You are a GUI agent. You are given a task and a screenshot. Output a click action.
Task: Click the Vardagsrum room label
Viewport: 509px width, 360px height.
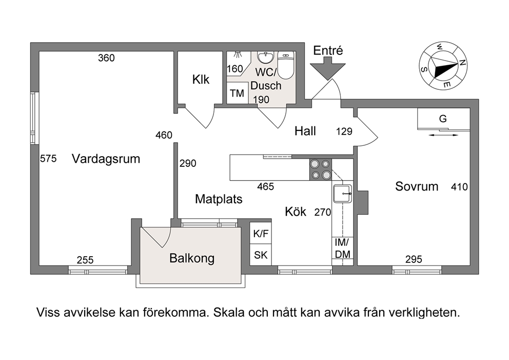click(106, 159)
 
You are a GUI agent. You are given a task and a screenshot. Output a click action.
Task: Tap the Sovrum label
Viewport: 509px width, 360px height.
click(417, 186)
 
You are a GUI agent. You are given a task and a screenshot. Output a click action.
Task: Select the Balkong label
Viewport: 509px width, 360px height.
click(192, 258)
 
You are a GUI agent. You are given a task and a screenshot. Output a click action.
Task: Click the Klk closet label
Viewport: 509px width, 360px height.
click(201, 79)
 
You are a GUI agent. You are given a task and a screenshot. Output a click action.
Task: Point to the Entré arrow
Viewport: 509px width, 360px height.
click(327, 68)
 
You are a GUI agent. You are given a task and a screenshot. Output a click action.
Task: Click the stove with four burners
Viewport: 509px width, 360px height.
click(320, 169)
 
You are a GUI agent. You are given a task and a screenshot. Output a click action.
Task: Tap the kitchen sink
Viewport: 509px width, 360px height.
click(342, 194)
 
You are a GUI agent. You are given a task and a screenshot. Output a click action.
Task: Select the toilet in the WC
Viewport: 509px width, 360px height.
click(286, 65)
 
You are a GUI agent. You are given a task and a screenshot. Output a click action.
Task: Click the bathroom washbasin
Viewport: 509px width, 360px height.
click(266, 58)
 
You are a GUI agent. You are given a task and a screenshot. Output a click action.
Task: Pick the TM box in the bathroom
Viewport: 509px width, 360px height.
click(237, 93)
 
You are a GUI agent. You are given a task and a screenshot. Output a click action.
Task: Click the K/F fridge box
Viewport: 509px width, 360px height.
click(261, 233)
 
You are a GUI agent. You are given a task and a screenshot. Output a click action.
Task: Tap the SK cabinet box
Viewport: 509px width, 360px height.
click(261, 255)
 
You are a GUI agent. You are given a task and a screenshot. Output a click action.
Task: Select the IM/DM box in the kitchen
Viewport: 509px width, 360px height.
click(342, 248)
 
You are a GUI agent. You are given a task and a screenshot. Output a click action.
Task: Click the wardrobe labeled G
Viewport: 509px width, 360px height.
click(443, 119)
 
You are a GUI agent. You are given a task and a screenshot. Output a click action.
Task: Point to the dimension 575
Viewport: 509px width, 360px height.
click(48, 159)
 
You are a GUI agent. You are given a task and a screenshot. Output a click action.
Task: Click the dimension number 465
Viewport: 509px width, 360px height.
click(266, 186)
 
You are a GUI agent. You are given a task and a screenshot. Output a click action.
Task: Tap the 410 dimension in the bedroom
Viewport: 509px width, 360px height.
click(459, 187)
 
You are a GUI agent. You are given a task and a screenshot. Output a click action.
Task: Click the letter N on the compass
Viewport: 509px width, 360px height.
click(462, 63)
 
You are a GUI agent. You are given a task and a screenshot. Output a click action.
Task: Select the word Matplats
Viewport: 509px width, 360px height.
click(219, 199)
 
